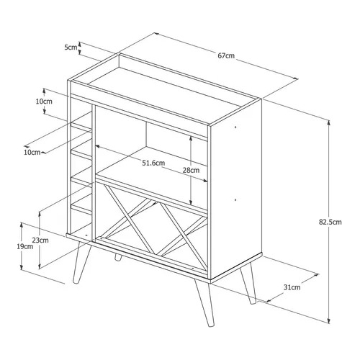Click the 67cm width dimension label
click(226, 55)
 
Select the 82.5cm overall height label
click(330, 222)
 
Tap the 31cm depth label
click(292, 287)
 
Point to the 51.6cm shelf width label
click(153, 163)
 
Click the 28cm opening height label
click(191, 170)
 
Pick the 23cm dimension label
click(40, 240)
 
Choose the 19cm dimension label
click(25, 246)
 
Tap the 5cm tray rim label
click(71, 48)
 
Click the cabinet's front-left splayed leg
click(81, 263)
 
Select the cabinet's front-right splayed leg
click(204, 304)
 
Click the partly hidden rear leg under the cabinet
click(117, 257)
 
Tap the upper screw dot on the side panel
click(235, 127)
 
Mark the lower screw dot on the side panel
click(235, 199)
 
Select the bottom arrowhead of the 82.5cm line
click(329, 321)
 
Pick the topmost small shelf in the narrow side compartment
click(81, 127)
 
